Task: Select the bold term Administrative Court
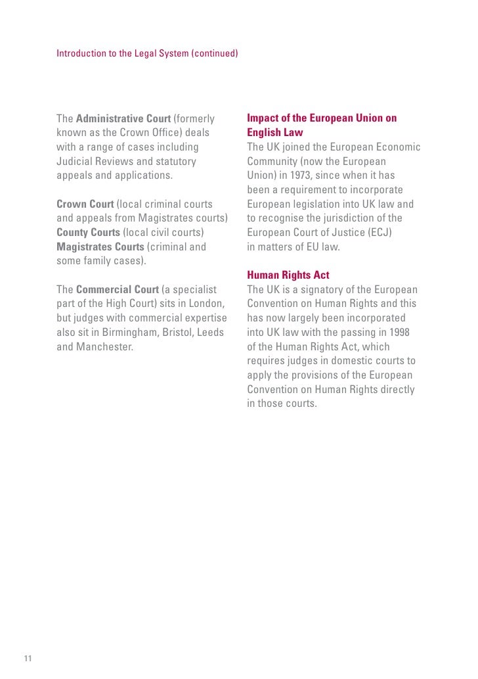pos(123,119)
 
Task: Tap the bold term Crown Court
pos(85,204)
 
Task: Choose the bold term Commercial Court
pos(118,289)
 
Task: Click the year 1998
pos(398,333)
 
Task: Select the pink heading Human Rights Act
pos(288,275)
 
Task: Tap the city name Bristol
pos(175,332)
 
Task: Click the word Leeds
pos(211,332)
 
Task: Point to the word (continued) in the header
pos(214,53)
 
